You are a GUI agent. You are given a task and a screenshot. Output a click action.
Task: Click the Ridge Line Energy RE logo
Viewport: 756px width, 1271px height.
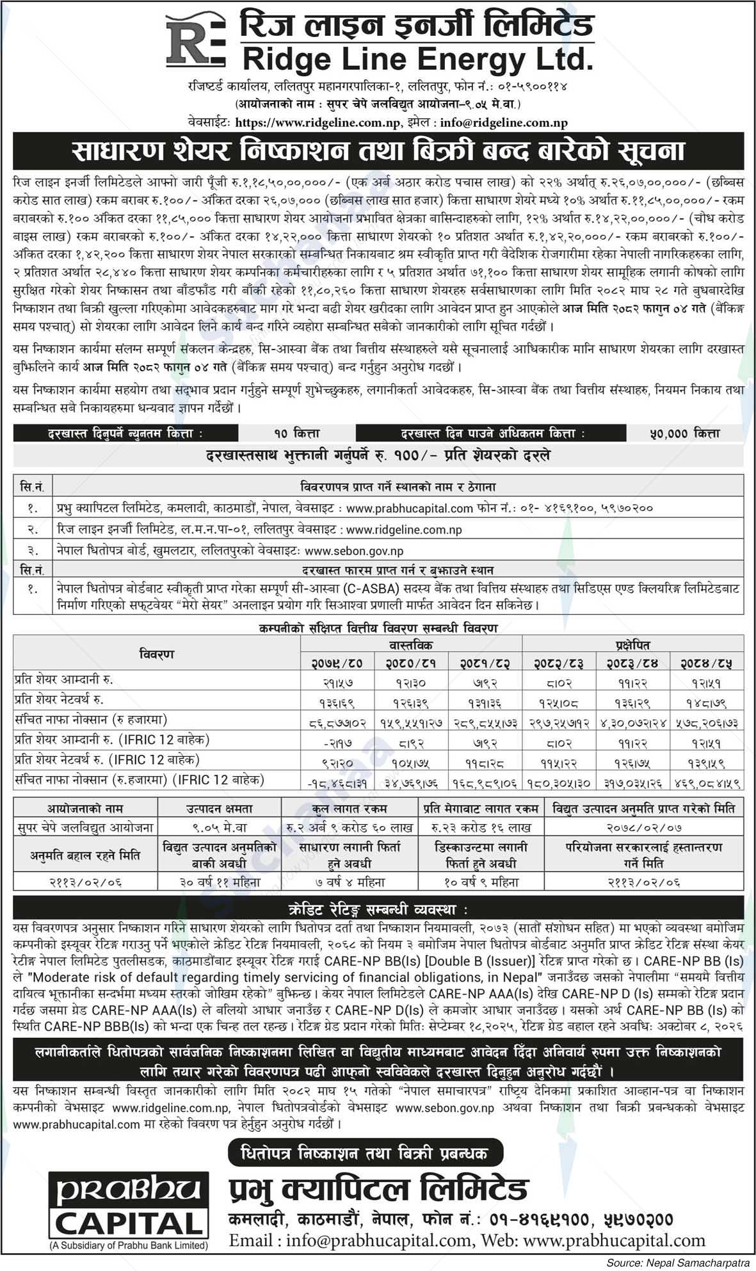click(x=195, y=42)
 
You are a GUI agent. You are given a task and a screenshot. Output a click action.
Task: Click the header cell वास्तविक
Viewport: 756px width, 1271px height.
click(x=412, y=644)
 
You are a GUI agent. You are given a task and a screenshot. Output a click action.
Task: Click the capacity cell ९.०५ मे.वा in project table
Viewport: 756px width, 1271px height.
click(x=220, y=827)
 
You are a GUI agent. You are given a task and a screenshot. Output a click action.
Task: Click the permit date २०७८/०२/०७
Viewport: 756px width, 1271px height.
click(x=644, y=827)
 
